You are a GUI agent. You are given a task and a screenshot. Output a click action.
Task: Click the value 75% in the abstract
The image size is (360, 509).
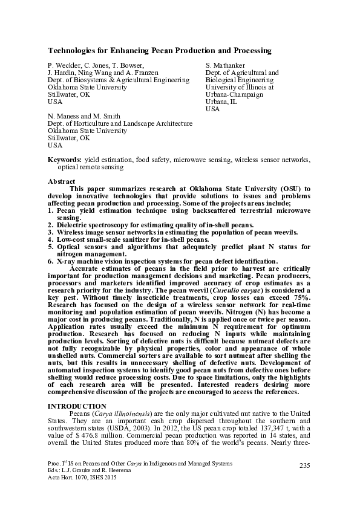point(301,297)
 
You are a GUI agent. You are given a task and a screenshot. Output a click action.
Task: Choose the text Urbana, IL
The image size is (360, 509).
point(221,102)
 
